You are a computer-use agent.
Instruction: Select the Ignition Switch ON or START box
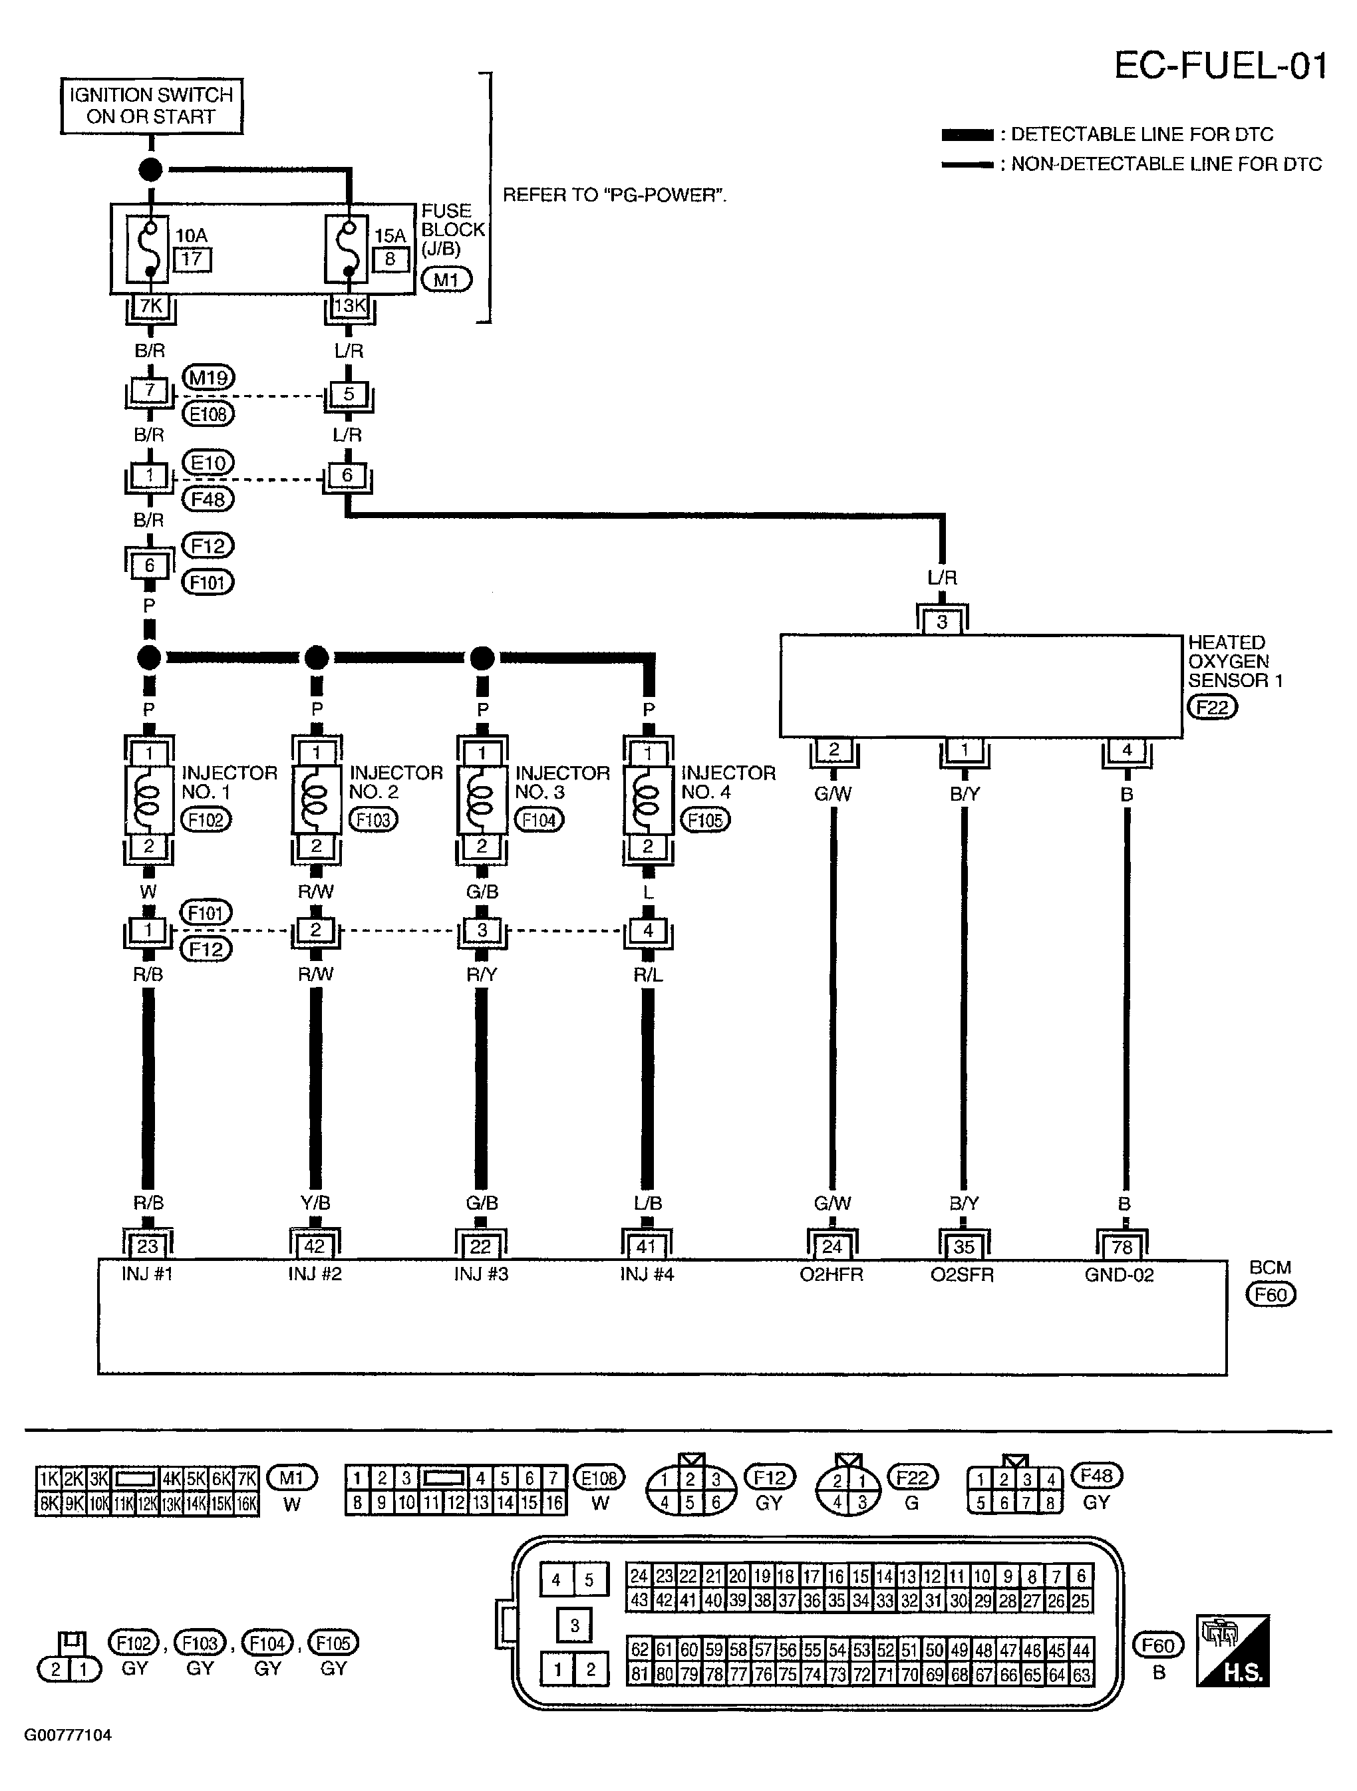pyautogui.click(x=152, y=105)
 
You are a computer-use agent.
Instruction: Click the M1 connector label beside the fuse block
pyautogui.click(x=446, y=280)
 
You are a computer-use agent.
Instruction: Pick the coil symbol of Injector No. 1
pyautogui.click(x=150, y=799)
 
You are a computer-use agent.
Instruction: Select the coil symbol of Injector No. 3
pyautogui.click(x=482, y=799)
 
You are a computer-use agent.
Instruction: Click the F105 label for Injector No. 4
pyautogui.click(x=704, y=820)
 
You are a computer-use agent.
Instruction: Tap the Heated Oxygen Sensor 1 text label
pyautogui.click(x=1235, y=662)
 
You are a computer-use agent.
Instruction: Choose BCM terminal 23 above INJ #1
pyautogui.click(x=148, y=1245)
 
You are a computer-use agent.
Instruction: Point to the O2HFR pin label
pyautogui.click(x=831, y=1274)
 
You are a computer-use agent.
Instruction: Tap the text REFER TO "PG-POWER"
pyautogui.click(x=615, y=195)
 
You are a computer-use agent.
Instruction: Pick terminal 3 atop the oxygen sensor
pyautogui.click(x=942, y=622)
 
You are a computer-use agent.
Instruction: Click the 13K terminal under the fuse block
pyautogui.click(x=350, y=306)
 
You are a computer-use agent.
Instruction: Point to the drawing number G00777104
pyautogui.click(x=68, y=1735)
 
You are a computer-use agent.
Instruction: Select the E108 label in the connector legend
pyautogui.click(x=599, y=1478)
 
